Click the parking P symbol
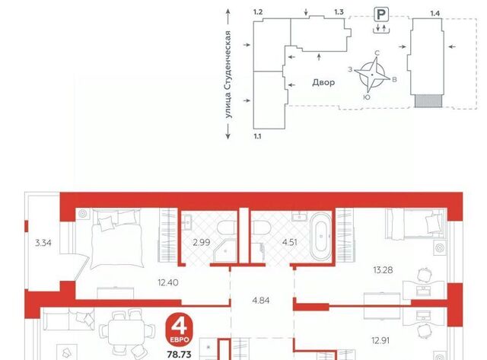[381, 14]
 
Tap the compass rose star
[372, 75]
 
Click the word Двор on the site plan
[323, 82]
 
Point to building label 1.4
[434, 14]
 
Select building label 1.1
[257, 136]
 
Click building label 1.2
[258, 12]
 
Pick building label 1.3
[339, 12]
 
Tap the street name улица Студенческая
[228, 75]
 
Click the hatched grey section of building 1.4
[428, 101]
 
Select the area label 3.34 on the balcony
[43, 243]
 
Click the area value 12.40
[167, 282]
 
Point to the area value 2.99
[201, 242]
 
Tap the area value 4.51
[289, 242]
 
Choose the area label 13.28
[383, 269]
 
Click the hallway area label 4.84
[260, 301]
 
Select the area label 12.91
[380, 340]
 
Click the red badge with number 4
[180, 330]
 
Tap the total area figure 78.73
[180, 354]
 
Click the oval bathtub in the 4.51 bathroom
[321, 237]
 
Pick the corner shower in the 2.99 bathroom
[225, 250]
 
